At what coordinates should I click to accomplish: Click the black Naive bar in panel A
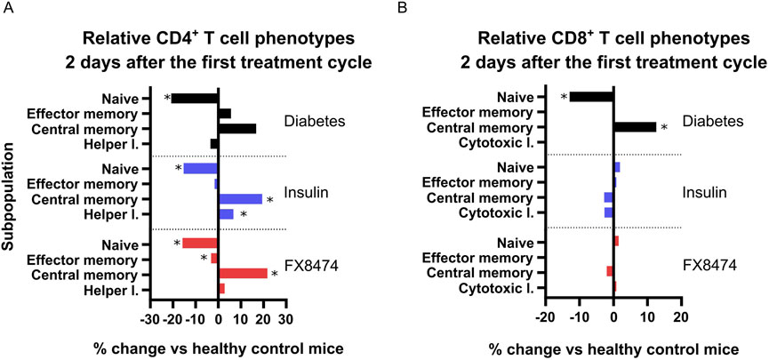pyautogui.click(x=195, y=98)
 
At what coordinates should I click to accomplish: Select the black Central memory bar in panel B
pyautogui.click(x=635, y=127)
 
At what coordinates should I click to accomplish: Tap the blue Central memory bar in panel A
pyautogui.click(x=240, y=199)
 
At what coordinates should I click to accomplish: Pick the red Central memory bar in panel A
pyautogui.click(x=243, y=273)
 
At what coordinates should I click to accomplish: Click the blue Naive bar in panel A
pyautogui.click(x=201, y=168)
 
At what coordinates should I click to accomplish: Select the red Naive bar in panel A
pyautogui.click(x=200, y=243)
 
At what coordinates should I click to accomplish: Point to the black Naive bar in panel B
pyautogui.click(x=591, y=97)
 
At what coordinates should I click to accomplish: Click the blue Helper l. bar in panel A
pyautogui.click(x=226, y=214)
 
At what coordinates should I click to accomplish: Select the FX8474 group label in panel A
pyautogui.click(x=308, y=264)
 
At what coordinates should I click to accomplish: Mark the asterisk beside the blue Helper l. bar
pyautogui.click(x=243, y=215)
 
